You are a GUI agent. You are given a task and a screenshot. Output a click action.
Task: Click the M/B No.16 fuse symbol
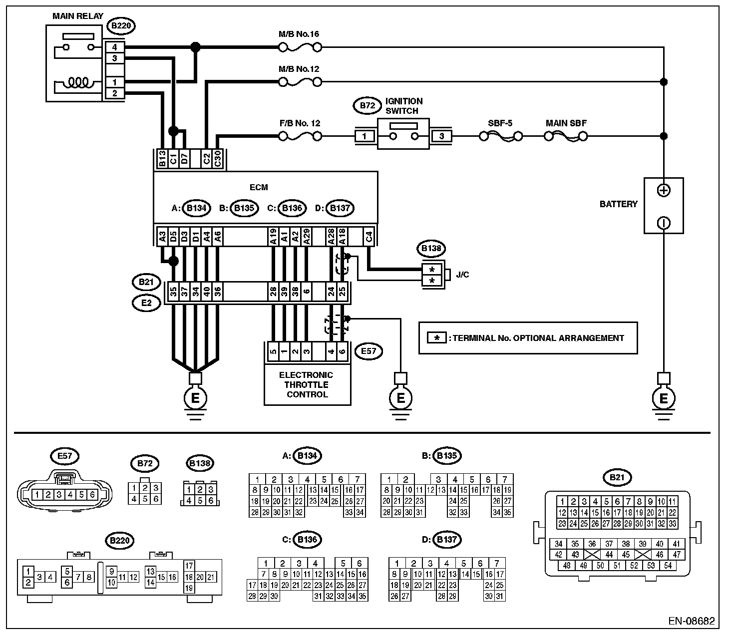(300, 47)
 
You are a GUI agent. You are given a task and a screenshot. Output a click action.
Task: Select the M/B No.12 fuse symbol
(300, 82)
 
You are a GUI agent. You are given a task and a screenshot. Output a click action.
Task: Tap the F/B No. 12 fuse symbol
(300, 136)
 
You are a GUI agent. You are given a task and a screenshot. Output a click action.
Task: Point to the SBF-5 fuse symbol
(501, 136)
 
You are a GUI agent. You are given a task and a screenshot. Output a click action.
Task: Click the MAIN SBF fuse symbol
(566, 136)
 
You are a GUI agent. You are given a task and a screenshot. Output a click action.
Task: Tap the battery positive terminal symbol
(664, 190)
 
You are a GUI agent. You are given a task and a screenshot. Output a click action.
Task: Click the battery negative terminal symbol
(664, 223)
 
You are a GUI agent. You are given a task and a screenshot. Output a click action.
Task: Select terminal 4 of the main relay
(115, 47)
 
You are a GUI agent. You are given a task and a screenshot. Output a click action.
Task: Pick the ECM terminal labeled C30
(217, 158)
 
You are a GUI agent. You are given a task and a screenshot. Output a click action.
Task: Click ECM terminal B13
(162, 158)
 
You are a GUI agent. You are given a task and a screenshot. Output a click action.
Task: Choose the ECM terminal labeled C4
(369, 237)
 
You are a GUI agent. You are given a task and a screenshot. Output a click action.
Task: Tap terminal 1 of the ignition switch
(365, 136)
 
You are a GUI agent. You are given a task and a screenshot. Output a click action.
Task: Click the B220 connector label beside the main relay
(121, 26)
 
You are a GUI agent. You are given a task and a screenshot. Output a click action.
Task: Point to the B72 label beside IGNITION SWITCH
(367, 106)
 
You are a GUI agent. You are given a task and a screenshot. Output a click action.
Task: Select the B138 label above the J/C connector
(431, 248)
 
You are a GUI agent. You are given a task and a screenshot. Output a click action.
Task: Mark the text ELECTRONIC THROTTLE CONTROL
(307, 385)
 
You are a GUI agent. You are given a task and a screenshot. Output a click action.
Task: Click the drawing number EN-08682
(692, 621)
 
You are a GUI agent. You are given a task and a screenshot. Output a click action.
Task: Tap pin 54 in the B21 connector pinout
(668, 566)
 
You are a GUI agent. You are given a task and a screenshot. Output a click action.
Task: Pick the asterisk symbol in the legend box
(437, 338)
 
